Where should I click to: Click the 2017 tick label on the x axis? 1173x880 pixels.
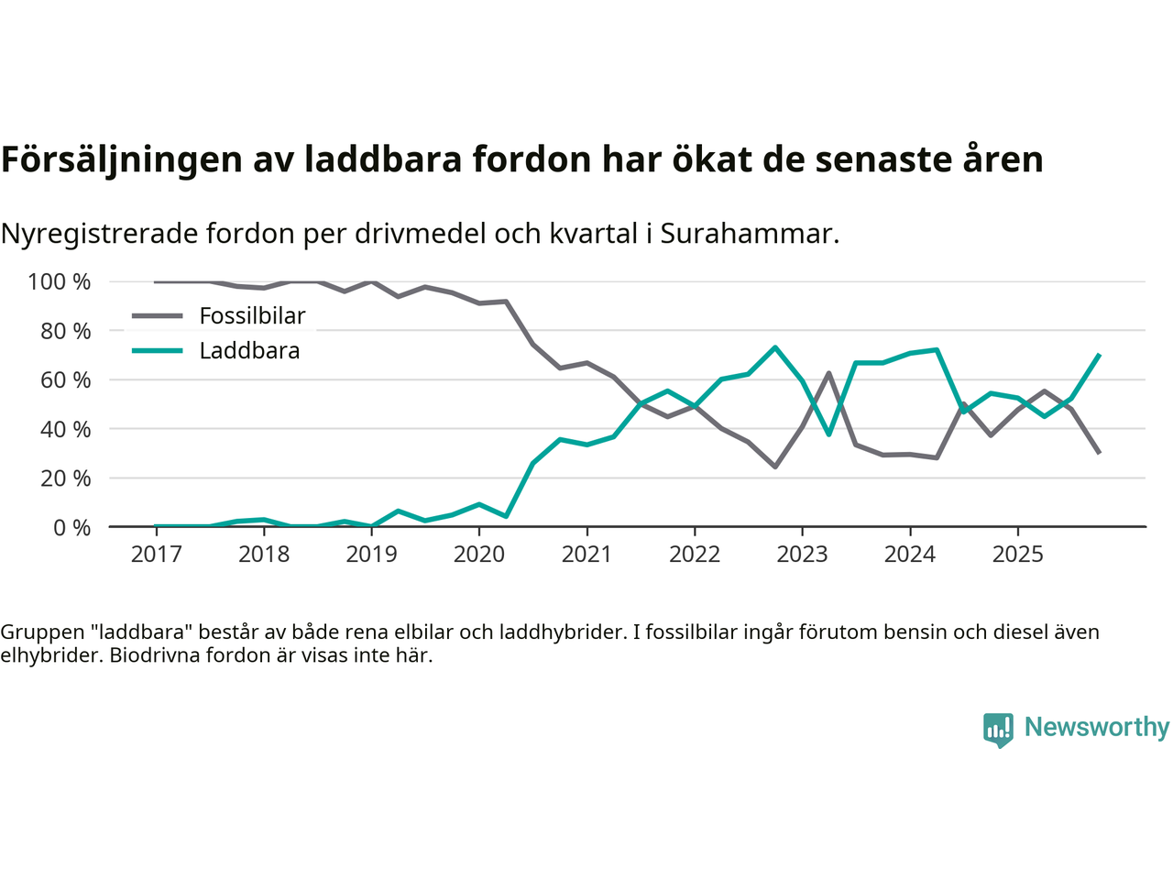(156, 555)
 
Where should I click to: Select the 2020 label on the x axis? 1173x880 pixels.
(479, 555)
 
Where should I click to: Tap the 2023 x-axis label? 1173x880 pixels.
(802, 555)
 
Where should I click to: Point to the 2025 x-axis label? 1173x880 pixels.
(1017, 555)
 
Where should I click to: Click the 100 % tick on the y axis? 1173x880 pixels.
(60, 281)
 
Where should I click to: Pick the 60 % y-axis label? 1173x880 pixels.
(65, 379)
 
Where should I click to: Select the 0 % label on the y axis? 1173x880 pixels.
(71, 527)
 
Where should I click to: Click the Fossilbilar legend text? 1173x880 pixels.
(252, 316)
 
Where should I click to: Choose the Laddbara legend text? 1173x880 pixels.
(249, 351)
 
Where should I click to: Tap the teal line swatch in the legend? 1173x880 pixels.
(158, 351)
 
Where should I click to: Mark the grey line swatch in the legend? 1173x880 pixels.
(158, 316)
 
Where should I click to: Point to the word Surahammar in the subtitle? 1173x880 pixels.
(746, 234)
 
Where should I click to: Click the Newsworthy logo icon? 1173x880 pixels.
(998, 730)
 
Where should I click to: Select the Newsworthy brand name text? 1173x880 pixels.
(1097, 727)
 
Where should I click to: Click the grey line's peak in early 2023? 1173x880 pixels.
(828, 373)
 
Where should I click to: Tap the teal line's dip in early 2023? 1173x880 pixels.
(828, 434)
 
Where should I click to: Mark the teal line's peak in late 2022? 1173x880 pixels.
(774, 347)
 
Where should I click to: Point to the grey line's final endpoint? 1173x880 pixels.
(1098, 453)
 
